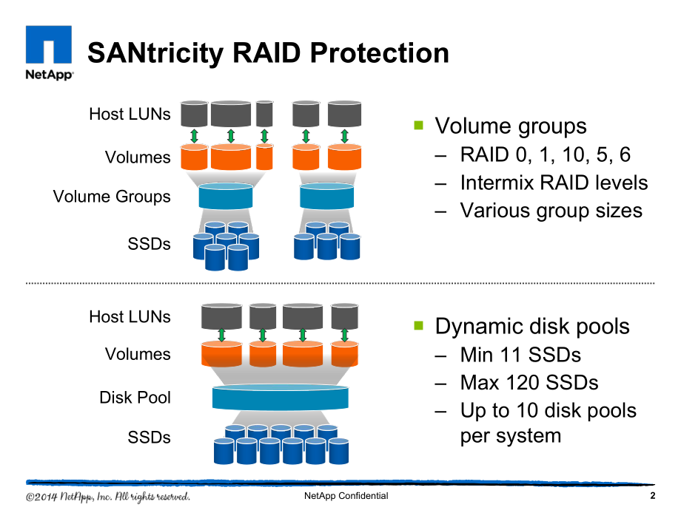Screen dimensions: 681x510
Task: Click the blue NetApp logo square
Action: [x=49, y=44]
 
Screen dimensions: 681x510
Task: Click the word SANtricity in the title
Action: [x=155, y=53]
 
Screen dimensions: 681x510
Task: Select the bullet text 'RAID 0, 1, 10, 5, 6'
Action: [x=545, y=154]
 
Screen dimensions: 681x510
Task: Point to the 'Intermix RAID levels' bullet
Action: [x=554, y=183]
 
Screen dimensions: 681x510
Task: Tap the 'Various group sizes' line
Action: [x=551, y=211]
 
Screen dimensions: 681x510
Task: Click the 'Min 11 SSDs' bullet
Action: [x=520, y=355]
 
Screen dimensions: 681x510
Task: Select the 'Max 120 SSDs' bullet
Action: [x=529, y=383]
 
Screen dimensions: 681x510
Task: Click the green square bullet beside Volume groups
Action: [x=419, y=126]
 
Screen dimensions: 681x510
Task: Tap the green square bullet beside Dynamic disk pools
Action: [x=419, y=325]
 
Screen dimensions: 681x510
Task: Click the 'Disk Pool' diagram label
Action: [x=135, y=397]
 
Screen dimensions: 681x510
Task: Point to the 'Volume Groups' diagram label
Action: [x=112, y=197]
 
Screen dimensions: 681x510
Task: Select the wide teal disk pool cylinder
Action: [x=280, y=397]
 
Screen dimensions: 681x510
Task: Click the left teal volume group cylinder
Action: [x=226, y=197]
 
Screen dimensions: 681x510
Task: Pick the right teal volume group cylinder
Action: [x=326, y=197]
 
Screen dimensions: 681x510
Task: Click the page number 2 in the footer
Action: [x=652, y=496]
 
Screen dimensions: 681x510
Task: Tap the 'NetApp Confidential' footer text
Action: [x=346, y=496]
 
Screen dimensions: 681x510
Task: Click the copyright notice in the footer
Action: [x=108, y=497]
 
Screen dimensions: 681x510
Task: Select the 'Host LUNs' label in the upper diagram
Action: [x=130, y=114]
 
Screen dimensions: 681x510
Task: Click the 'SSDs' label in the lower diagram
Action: [x=149, y=437]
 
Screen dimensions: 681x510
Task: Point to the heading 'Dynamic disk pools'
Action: [x=532, y=326]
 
